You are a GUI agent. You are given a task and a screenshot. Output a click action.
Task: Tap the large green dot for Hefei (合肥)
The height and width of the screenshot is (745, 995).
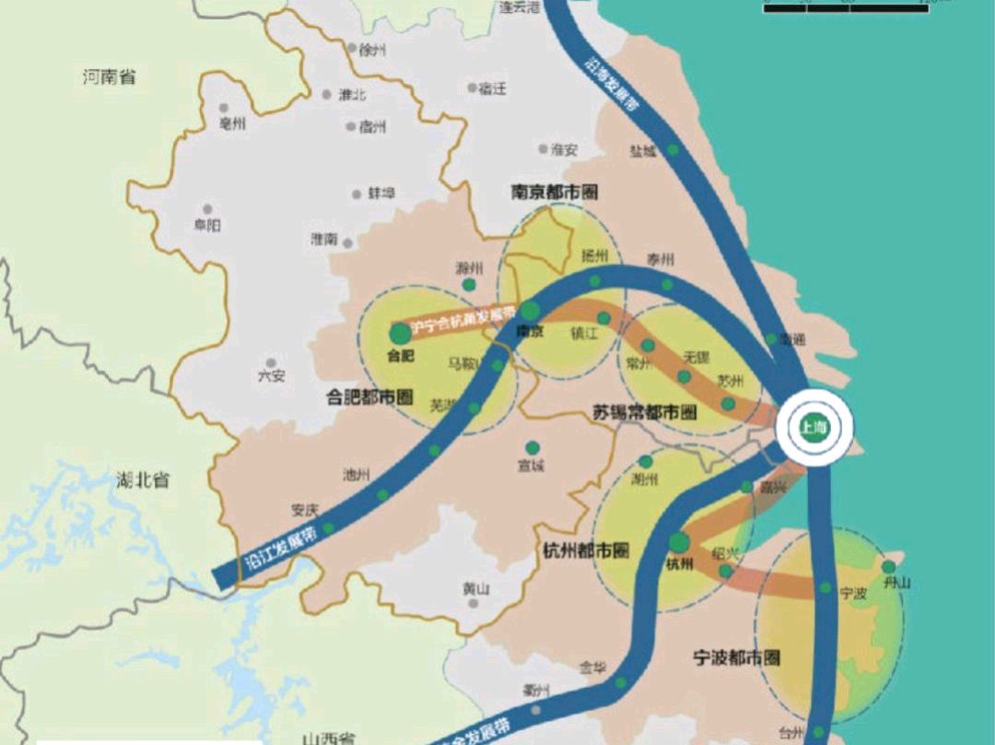(399, 333)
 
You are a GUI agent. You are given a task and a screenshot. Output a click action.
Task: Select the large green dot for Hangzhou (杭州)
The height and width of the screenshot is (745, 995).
(679, 542)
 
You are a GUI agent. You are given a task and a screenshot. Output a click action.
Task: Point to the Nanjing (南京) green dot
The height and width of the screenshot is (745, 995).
(531, 311)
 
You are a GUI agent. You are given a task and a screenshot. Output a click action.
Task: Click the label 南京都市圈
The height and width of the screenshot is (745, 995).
(555, 192)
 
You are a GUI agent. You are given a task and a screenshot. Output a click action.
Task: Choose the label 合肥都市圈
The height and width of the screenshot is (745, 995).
(369, 397)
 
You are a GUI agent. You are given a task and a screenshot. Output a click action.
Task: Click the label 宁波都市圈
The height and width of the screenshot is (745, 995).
(736, 658)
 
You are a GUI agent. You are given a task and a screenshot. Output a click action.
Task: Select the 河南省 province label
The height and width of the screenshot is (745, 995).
(109, 77)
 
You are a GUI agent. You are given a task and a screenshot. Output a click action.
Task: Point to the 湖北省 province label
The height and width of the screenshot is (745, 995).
(143, 480)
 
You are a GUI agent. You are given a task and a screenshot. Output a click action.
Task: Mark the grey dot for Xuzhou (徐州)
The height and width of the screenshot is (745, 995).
(351, 47)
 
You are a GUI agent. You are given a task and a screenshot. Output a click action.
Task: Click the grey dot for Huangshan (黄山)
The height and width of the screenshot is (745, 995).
(474, 603)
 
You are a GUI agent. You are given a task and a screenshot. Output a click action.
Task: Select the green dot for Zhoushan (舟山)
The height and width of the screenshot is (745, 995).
(889, 566)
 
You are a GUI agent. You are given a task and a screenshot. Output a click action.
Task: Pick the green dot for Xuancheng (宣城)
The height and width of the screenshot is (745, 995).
(532, 448)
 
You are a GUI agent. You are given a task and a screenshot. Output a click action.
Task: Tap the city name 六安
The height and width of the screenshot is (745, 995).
(271, 376)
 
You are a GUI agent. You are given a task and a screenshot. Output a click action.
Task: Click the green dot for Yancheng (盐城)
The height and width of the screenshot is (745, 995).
(673, 149)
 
